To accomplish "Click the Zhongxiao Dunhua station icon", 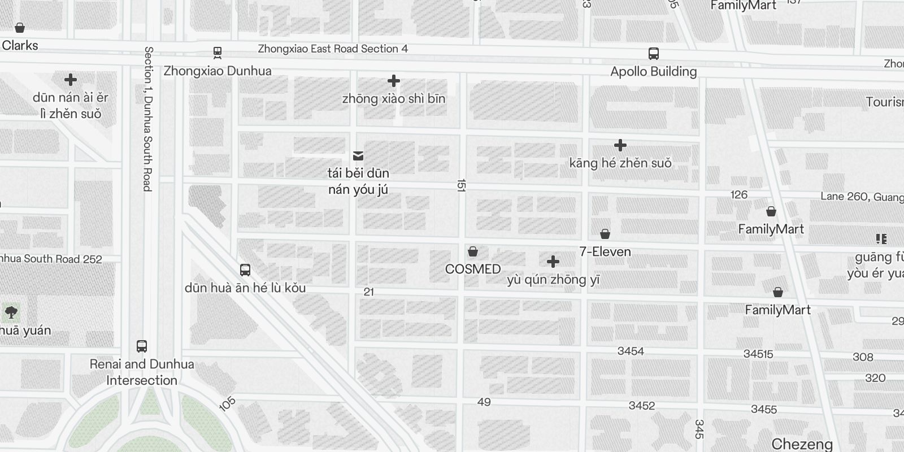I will click(x=218, y=53).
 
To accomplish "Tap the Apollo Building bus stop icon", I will click(x=654, y=54).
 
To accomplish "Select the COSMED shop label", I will click(x=473, y=269).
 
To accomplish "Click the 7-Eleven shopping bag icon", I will click(x=605, y=234).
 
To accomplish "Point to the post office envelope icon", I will click(x=358, y=156).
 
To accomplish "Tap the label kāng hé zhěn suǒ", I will click(x=620, y=163).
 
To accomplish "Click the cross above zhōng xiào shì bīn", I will click(x=394, y=81).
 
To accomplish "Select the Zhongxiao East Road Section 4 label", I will click(x=333, y=49).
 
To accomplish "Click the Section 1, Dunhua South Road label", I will click(x=148, y=119).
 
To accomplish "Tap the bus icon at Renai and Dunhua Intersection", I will click(x=142, y=346).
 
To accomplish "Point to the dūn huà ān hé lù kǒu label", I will click(x=245, y=288).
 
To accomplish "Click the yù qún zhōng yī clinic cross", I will click(x=553, y=262).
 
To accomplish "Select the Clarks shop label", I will click(x=20, y=46).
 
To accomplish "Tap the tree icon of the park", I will click(x=11, y=312).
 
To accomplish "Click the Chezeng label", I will click(x=802, y=444).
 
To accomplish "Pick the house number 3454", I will click(x=631, y=351).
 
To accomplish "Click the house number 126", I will click(x=739, y=195).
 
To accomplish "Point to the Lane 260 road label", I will click(x=862, y=197).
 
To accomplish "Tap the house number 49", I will click(x=484, y=402).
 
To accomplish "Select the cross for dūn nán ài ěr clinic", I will click(x=71, y=80).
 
